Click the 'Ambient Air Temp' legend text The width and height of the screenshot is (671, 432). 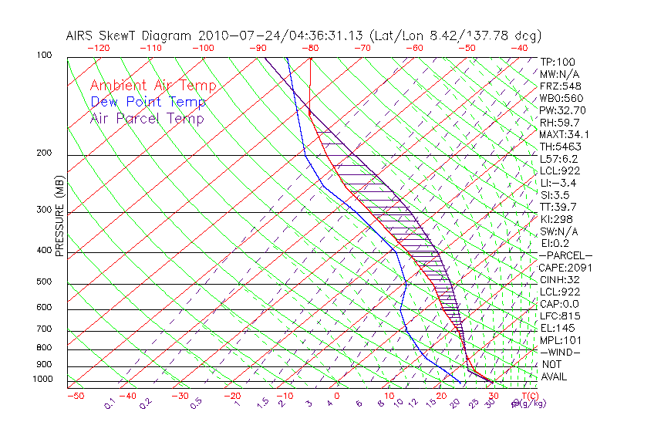[x=153, y=86]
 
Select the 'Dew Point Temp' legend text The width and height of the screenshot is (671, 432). [x=148, y=102]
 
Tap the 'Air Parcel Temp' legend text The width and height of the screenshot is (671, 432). [x=147, y=118]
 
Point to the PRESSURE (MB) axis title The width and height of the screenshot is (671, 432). [x=60, y=216]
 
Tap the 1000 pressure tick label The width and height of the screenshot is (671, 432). [x=43, y=380]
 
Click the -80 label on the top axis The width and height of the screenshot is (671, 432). [x=310, y=48]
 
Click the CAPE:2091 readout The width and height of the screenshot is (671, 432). [x=561, y=268]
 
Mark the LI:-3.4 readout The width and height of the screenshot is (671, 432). [x=558, y=183]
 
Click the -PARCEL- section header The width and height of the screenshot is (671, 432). [x=565, y=255]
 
